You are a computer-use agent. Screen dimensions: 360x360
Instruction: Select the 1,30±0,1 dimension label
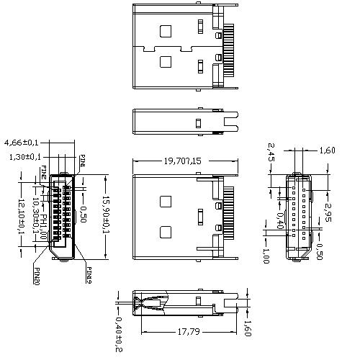[x=25, y=156]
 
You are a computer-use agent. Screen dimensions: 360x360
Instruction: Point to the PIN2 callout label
[x=43, y=172]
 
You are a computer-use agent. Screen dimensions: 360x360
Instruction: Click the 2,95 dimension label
[x=328, y=213]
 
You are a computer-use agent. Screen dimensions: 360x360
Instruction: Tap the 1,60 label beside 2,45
[x=327, y=150]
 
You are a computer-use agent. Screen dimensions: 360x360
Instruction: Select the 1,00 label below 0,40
[x=266, y=256]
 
